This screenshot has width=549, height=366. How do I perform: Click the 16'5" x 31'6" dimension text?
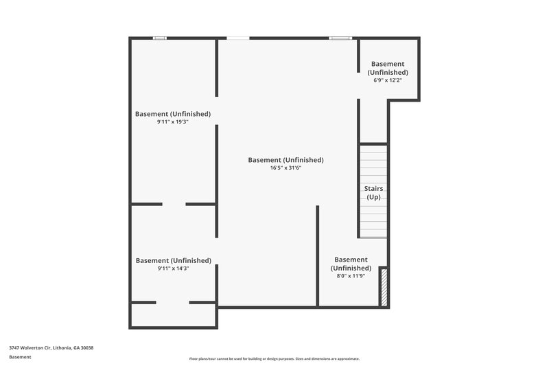click(285, 168)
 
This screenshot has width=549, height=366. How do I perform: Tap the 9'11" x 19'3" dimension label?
click(173, 122)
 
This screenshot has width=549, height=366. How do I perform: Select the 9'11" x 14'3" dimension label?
click(173, 268)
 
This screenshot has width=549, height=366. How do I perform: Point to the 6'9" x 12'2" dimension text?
click(388, 80)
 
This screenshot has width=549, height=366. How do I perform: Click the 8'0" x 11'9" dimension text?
click(351, 276)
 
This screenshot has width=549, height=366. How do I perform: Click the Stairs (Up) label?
click(373, 193)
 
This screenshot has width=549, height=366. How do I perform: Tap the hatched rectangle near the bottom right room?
click(384, 288)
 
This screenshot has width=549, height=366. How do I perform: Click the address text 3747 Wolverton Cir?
click(51, 348)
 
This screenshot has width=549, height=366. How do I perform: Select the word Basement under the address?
click(20, 357)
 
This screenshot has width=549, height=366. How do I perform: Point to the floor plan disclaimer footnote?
click(274, 358)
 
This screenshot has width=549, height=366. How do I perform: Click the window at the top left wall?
click(159, 38)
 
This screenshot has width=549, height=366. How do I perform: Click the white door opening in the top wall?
click(238, 38)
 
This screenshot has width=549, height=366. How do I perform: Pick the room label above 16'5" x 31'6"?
click(285, 160)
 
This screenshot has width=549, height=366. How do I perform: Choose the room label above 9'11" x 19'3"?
click(173, 114)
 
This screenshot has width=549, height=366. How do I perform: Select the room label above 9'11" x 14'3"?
click(173, 261)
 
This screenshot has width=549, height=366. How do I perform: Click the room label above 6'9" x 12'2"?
click(388, 68)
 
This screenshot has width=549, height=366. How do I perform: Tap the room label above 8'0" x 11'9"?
click(351, 264)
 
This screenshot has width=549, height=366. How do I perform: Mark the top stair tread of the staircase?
click(374, 148)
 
